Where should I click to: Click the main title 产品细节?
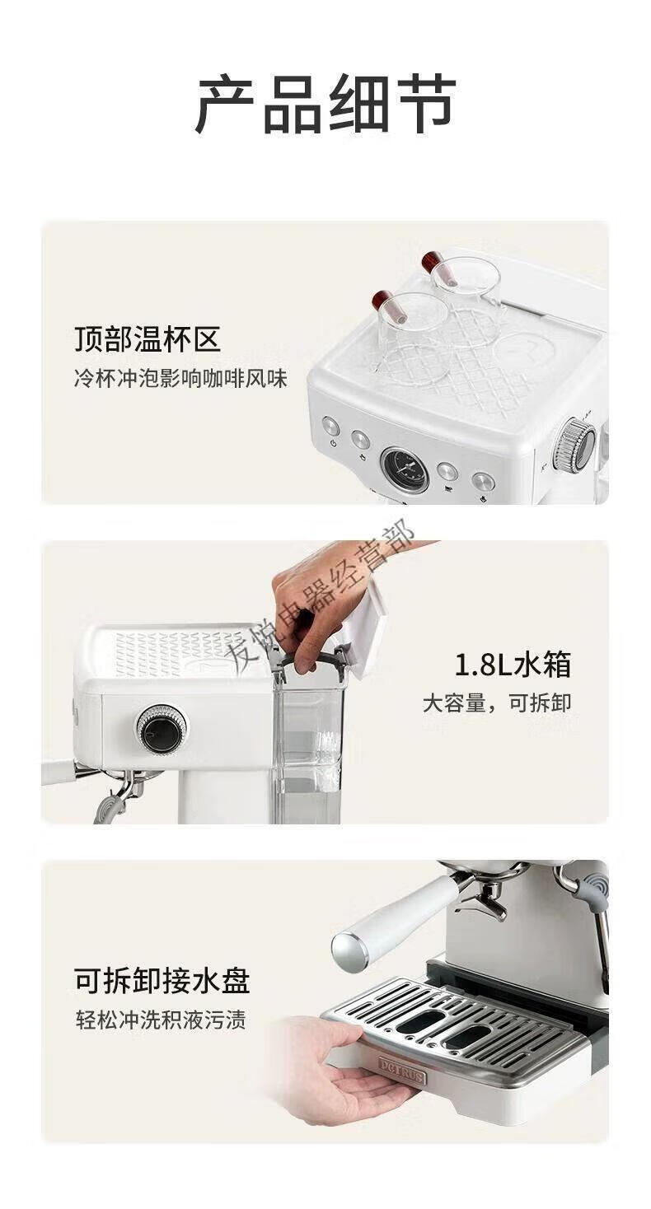click(325, 104)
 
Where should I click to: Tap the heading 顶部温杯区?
click(148, 340)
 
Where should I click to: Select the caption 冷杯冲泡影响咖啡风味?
click(180, 378)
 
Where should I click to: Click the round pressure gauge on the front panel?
click(405, 469)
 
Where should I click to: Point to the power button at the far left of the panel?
click(330, 427)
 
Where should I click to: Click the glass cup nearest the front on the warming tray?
click(410, 338)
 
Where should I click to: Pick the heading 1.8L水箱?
click(513, 665)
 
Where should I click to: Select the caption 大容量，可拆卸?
click(497, 703)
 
